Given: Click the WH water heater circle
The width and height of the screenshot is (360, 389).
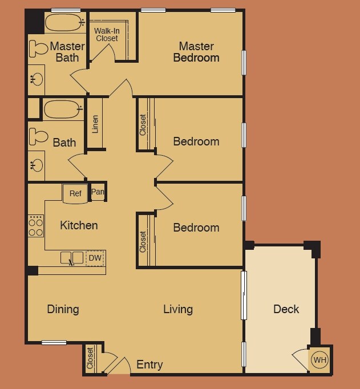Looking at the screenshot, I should point(319,360).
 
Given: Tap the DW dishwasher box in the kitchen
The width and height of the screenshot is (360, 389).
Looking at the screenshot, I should point(95,258).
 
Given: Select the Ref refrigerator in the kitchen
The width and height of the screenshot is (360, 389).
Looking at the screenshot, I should point(75,193).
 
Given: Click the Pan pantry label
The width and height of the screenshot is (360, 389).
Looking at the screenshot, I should point(98,192).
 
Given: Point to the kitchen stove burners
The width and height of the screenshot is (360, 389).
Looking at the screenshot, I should point(36,226).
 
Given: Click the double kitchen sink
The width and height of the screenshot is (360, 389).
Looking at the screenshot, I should point(72,258).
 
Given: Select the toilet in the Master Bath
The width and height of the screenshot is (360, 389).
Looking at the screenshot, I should point(38,49).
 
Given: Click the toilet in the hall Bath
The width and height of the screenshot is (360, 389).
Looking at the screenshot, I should point(38,136).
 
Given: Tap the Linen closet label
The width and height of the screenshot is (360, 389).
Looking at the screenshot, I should point(95,125).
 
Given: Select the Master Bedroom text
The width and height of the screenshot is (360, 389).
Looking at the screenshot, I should point(196,52).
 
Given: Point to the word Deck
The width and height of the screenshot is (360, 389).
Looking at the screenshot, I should point(286,309).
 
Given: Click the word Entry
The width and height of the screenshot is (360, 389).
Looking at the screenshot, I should point(149,364).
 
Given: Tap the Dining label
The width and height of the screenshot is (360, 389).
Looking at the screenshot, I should point(63,309).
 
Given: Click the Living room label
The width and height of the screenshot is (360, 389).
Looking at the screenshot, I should point(178,309).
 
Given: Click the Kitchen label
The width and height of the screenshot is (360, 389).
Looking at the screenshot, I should point(79,225).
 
